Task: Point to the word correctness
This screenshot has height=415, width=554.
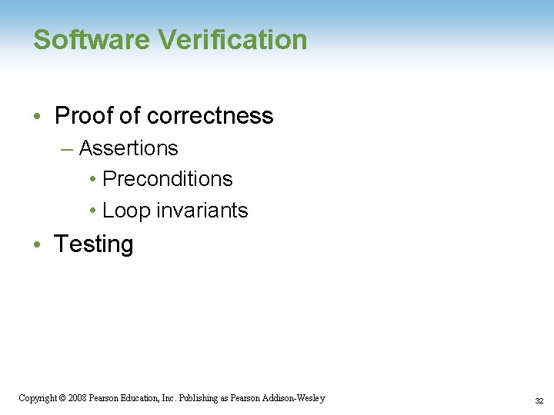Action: tap(209, 116)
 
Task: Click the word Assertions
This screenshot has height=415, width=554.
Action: tap(128, 148)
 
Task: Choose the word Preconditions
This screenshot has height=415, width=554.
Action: tap(168, 179)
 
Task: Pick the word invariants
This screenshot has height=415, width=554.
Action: tap(201, 211)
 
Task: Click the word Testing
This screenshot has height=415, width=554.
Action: tap(94, 244)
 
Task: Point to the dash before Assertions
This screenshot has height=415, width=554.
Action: tap(67, 148)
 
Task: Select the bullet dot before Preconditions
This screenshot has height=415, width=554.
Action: tap(92, 180)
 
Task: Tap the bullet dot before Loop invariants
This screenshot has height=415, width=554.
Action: tap(92, 211)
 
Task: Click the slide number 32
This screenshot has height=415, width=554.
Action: tap(539, 400)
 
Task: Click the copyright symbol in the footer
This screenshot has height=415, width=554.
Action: tap(62, 398)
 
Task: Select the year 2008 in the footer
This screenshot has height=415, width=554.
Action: tap(77, 398)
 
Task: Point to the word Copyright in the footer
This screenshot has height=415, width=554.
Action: tap(37, 398)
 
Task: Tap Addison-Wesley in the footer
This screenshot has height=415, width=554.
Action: tap(295, 398)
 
